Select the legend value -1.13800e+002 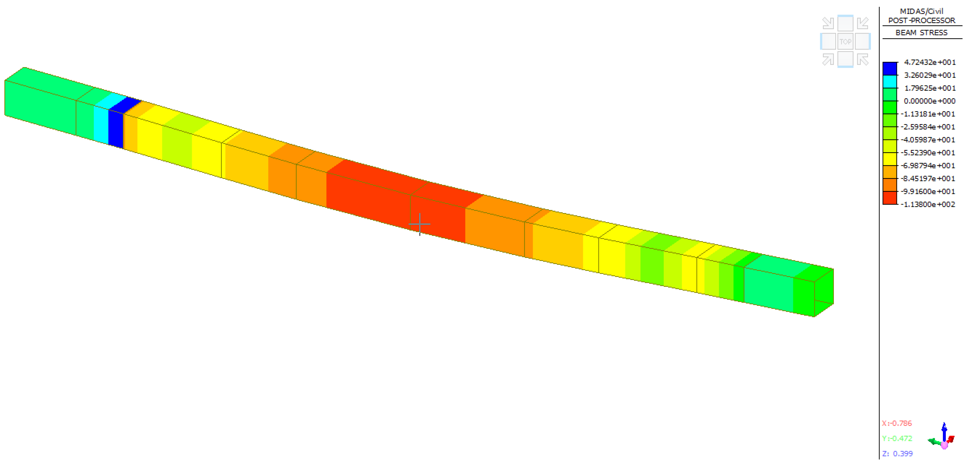(928, 204)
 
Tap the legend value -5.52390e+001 (928, 153)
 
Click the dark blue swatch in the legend (889, 69)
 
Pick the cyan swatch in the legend (889, 82)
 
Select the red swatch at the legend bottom (889, 198)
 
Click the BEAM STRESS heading (921, 33)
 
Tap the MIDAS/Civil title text (921, 11)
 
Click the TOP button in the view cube (845, 42)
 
